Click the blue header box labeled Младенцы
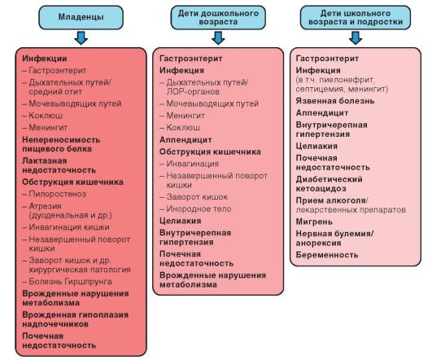click(x=81, y=17)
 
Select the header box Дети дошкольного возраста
click(x=218, y=17)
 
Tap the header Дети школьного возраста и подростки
click(x=356, y=17)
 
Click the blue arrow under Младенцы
click(x=81, y=38)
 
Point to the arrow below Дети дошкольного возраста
click(x=218, y=38)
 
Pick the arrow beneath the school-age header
click(x=356, y=38)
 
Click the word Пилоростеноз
click(x=57, y=194)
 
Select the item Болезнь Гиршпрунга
click(x=70, y=281)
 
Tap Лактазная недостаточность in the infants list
click(x=59, y=165)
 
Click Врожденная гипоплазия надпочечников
click(x=75, y=319)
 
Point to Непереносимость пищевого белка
click(x=61, y=144)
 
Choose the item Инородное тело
click(x=199, y=209)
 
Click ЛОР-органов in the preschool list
click(x=193, y=91)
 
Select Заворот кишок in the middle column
click(x=197, y=197)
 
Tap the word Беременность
click(x=327, y=255)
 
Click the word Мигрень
click(x=314, y=222)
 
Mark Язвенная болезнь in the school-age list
click(x=335, y=101)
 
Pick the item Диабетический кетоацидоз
click(x=329, y=184)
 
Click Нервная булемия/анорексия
click(x=334, y=238)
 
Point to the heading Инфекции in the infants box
click(x=45, y=59)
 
